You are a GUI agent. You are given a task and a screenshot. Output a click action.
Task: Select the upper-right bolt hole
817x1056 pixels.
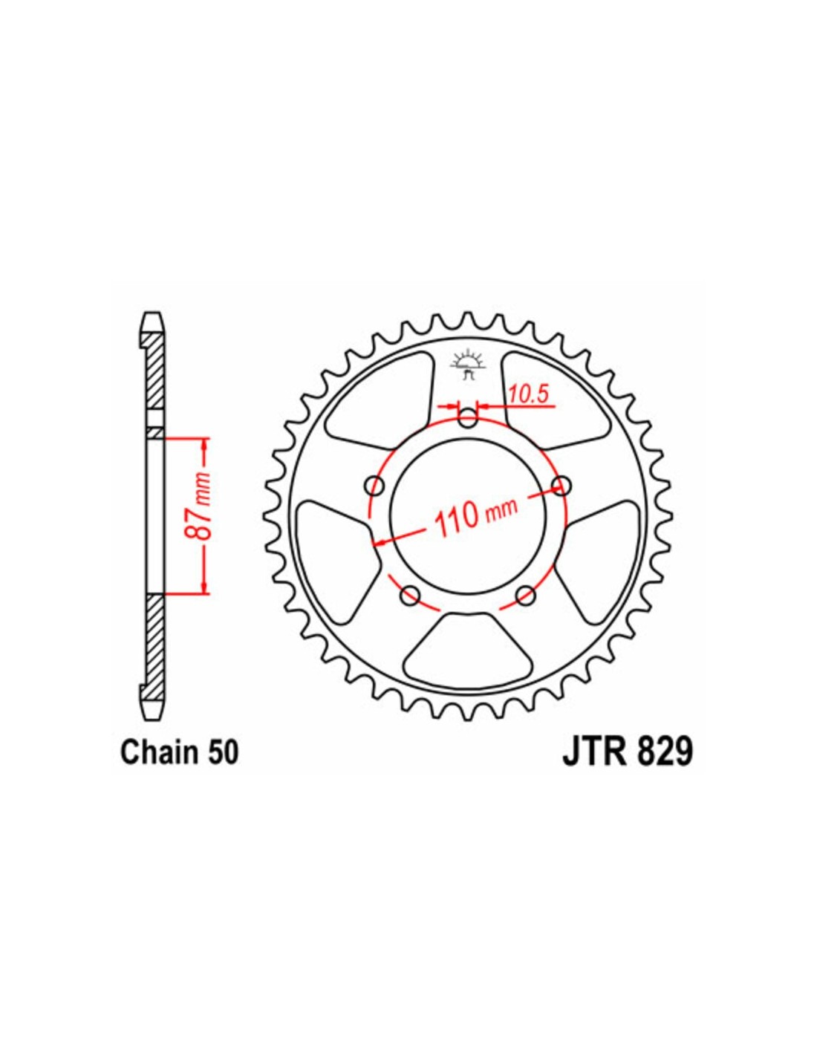[562, 485]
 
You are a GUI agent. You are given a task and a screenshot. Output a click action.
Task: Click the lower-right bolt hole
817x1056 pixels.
[525, 595]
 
